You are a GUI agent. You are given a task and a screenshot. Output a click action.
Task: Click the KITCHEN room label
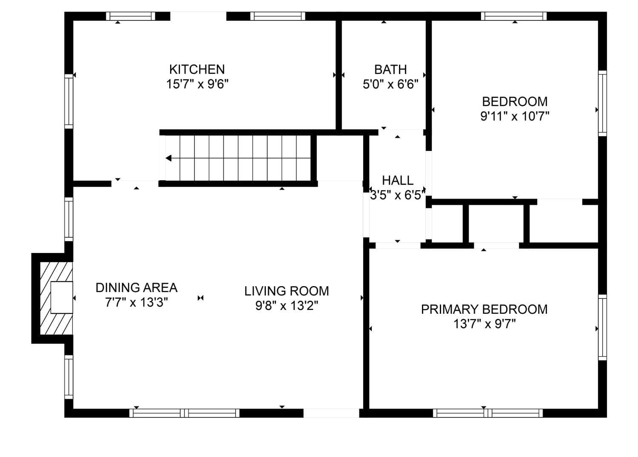pyautogui.click(x=197, y=69)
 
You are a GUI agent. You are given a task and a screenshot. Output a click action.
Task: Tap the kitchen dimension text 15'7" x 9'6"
pyautogui.click(x=197, y=84)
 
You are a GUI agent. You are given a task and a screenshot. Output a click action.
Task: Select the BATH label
pyautogui.click(x=390, y=69)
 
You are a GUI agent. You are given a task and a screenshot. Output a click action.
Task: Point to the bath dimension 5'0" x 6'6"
pyautogui.click(x=390, y=84)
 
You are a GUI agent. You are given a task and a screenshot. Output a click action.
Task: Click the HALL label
pyautogui.click(x=398, y=180)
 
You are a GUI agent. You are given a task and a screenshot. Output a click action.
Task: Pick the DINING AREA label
pyautogui.click(x=137, y=287)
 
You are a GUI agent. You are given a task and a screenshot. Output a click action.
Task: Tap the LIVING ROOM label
pyautogui.click(x=287, y=291)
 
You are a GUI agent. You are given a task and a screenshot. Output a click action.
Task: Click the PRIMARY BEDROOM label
pyautogui.click(x=484, y=309)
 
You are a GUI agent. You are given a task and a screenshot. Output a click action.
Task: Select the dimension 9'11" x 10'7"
pyautogui.click(x=515, y=116)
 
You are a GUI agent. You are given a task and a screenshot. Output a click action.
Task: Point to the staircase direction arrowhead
pyautogui.click(x=168, y=158)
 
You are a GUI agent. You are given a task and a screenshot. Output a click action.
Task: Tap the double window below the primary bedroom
pyautogui.click(x=487, y=413)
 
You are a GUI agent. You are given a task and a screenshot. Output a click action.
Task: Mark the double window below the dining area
pyautogui.click(x=184, y=413)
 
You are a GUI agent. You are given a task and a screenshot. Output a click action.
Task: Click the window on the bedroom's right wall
pyautogui.click(x=602, y=103)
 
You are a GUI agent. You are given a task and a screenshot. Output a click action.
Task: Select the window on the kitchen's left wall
pyautogui.click(x=68, y=101)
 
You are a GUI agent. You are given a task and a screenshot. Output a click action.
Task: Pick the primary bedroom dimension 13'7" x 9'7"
pyautogui.click(x=484, y=324)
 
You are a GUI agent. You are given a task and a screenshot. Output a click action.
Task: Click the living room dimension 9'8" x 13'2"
pyautogui.click(x=287, y=306)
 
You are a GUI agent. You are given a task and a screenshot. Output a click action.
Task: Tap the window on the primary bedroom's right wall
pyautogui.click(x=602, y=327)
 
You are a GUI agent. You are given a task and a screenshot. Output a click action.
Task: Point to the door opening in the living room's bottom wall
pyautogui.click(x=331, y=413)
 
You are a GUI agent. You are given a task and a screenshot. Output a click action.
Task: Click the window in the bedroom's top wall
pyautogui.click(x=514, y=16)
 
